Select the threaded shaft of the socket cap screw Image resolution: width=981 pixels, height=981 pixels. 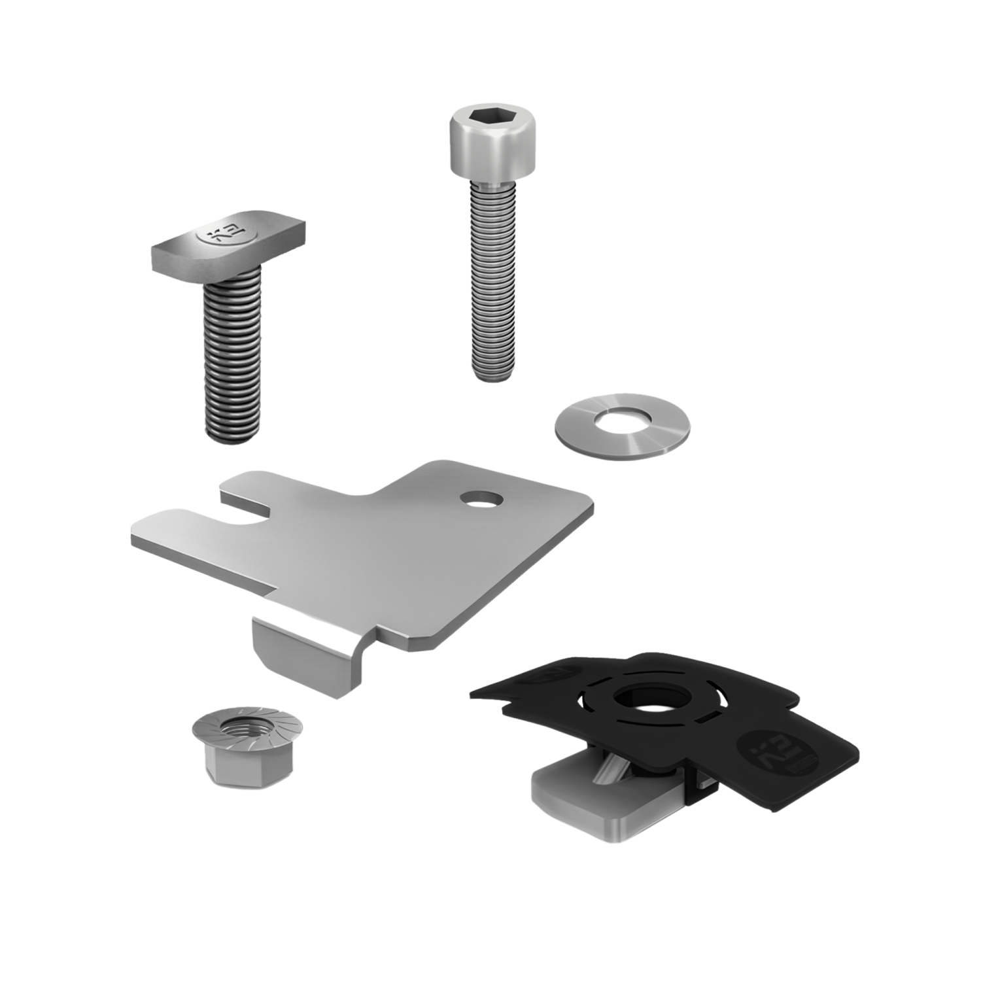(x=491, y=275)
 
